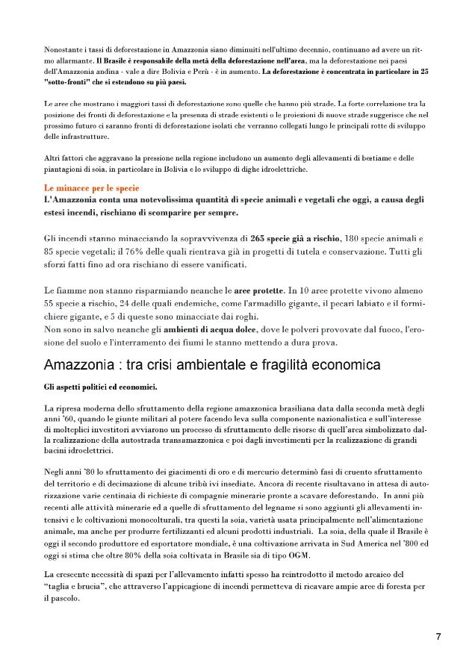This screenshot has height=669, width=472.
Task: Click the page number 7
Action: coord(438,636)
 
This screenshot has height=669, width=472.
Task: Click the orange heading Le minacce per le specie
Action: coord(92,189)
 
